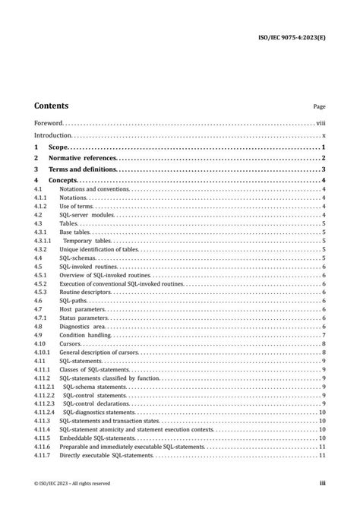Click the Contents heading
tap(51, 106)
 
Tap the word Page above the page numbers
tap(319, 108)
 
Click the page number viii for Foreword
tap(321, 122)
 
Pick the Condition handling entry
tap(85, 335)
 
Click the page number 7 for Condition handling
tap(324, 335)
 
